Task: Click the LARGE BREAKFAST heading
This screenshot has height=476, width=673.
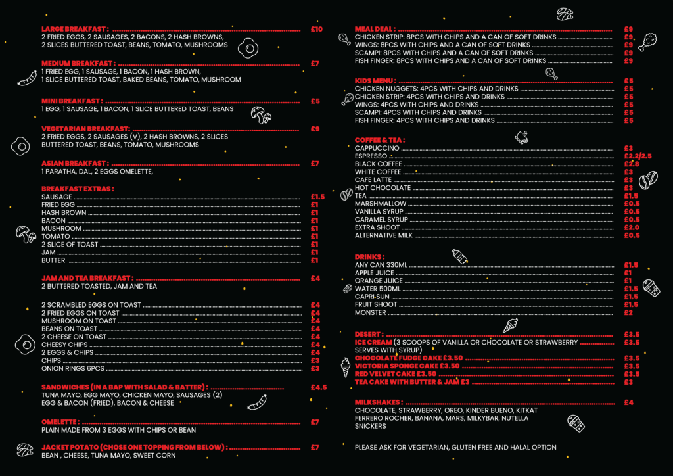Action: click(74, 29)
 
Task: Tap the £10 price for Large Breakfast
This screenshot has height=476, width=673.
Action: click(317, 29)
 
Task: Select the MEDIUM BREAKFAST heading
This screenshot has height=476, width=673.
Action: click(78, 63)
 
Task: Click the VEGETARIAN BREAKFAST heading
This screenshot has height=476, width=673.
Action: click(85, 128)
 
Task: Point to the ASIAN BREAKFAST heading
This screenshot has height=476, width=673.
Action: click(74, 163)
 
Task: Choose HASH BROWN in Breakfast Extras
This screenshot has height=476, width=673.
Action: click(64, 213)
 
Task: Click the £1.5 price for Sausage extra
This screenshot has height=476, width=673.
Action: click(317, 197)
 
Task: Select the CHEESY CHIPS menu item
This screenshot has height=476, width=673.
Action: click(64, 345)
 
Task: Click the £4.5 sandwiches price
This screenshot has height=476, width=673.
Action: click(319, 387)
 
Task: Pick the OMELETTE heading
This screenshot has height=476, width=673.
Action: click(60, 422)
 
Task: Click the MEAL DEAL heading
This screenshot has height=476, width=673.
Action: click(375, 29)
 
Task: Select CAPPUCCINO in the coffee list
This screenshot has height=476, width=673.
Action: click(377, 148)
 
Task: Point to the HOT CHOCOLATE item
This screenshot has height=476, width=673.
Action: click(383, 187)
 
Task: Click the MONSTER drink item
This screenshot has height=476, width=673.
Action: click(370, 312)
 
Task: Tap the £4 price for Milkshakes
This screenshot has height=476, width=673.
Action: click(628, 402)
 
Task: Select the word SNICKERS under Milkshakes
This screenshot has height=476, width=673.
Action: click(370, 426)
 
